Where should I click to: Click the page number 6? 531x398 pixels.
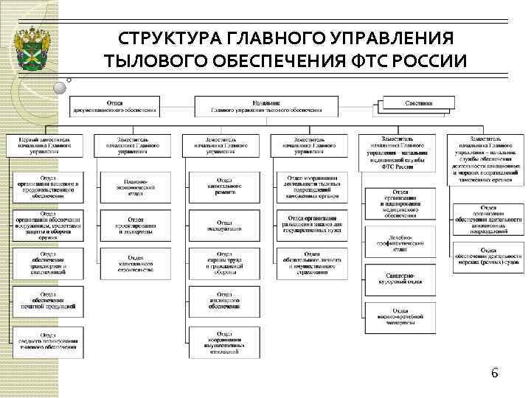pos(496,374)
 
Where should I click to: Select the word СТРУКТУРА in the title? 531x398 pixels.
pos(164,38)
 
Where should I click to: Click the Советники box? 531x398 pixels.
pos(418,105)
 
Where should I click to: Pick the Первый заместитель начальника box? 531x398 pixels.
pos(45,145)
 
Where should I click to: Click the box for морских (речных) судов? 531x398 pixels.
pos(489,257)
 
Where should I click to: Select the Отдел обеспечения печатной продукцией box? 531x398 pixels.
pos(48,301)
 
